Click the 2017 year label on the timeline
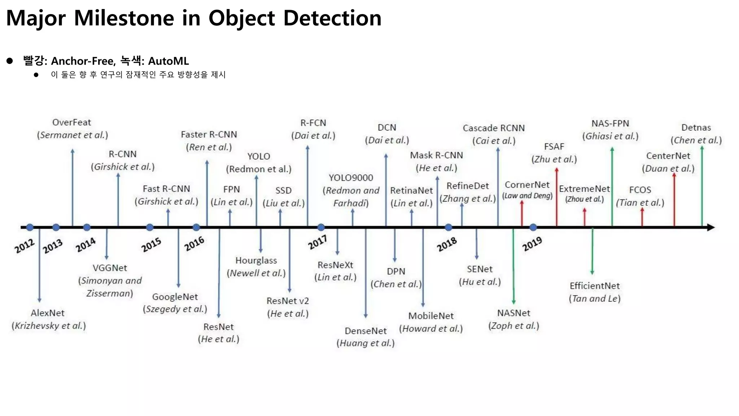point(317,242)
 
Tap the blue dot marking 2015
point(150,227)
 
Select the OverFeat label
point(71,122)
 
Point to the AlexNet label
point(48,313)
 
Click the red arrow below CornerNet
point(522,214)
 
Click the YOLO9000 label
point(351,178)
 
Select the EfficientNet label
point(594,286)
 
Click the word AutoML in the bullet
point(168,61)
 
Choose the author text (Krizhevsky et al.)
point(49,326)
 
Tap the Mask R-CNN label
point(436,155)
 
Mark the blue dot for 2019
point(533,227)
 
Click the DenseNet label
point(366,331)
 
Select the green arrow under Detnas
point(702,186)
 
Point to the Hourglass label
point(256,260)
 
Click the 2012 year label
point(25,246)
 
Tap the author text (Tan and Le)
point(595,299)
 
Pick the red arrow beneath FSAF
point(556,197)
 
